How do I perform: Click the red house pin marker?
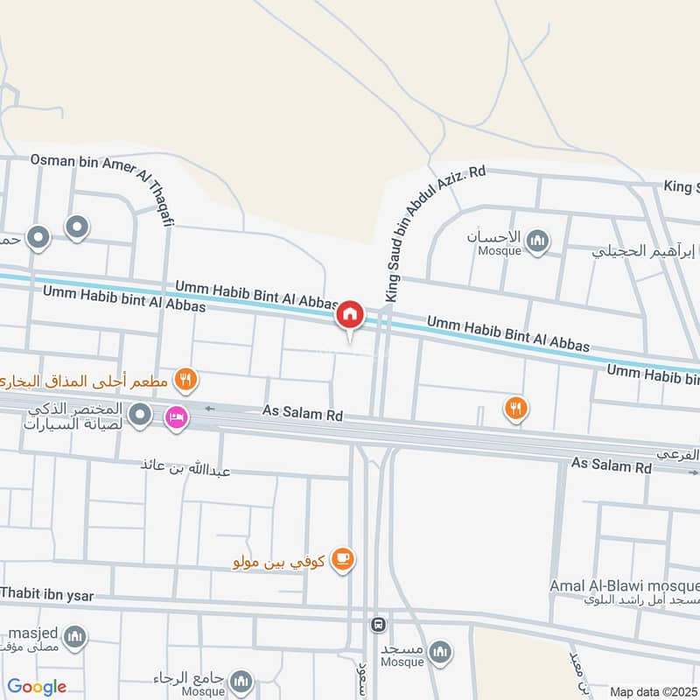click(350, 314)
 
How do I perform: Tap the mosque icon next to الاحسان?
click(537, 240)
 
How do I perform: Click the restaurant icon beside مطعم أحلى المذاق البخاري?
click(185, 380)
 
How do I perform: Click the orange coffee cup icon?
click(344, 559)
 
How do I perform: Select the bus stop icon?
click(378, 625)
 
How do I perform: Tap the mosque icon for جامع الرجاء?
click(241, 681)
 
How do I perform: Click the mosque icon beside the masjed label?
click(75, 635)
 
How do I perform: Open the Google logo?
click(37, 687)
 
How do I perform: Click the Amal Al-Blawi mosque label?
click(625, 585)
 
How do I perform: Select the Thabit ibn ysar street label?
click(48, 592)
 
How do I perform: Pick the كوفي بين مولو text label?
click(281, 561)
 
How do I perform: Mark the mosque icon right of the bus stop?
click(440, 651)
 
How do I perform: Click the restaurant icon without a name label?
click(516, 407)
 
